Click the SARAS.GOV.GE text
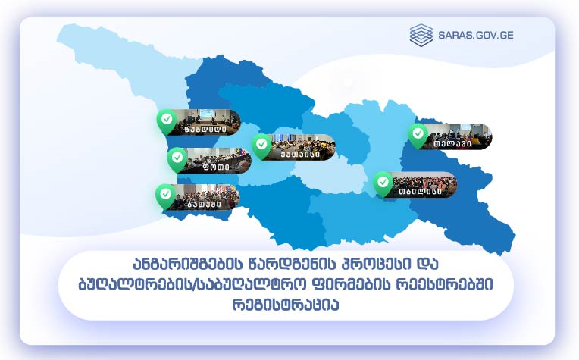coord(476,35)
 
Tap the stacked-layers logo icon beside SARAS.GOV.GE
coord(421,35)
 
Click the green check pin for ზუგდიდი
coord(167,121)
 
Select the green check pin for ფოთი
coord(177,159)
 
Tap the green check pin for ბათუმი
coord(165,196)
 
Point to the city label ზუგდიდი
coord(205,130)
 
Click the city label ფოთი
coord(216,167)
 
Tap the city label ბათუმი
coord(204,204)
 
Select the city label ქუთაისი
coord(300,154)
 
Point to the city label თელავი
coord(452,143)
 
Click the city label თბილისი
coord(420,192)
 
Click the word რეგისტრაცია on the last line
coord(286,305)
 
